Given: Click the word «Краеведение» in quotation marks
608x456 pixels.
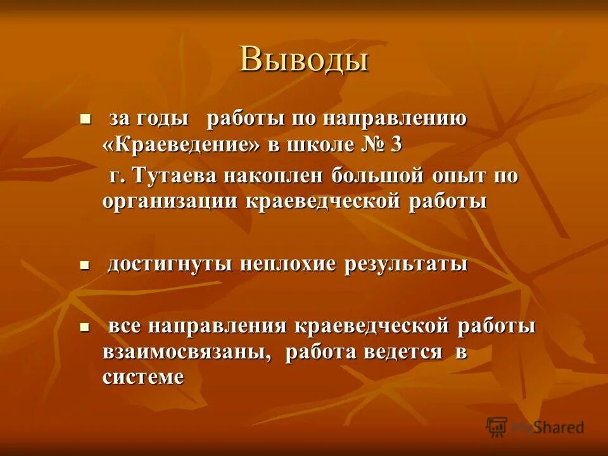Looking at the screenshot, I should (182, 144).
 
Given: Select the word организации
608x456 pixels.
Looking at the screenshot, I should (170, 202).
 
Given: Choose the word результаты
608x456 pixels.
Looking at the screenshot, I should (405, 264).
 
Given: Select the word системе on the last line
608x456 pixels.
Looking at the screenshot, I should (143, 377).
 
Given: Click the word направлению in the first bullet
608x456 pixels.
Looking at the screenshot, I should (395, 118).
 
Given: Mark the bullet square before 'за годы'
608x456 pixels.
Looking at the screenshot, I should (85, 118).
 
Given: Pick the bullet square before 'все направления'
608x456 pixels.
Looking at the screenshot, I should (85, 327).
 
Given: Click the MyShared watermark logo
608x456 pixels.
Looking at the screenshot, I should (535, 427).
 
